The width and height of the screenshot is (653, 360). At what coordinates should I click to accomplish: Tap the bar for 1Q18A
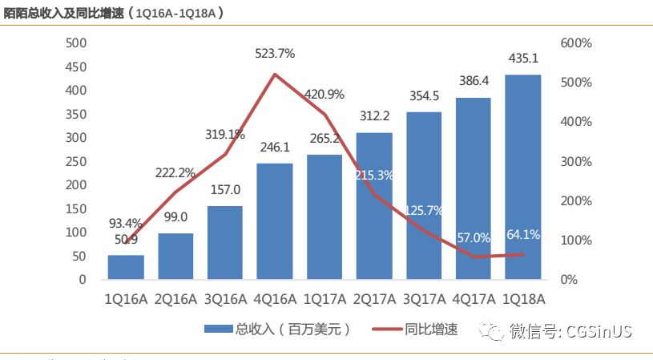point(522,177)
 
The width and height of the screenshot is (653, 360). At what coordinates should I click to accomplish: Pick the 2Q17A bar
point(373,206)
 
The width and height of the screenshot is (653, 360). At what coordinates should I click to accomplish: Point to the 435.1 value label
point(522,58)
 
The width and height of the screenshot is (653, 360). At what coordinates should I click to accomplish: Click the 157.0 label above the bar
point(224,193)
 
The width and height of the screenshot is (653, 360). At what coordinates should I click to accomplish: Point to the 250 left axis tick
point(75,161)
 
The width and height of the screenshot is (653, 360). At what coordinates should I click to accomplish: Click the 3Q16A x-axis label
point(224,299)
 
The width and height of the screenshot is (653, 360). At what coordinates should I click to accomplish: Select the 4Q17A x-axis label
point(473,299)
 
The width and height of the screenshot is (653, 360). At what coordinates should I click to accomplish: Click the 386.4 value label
point(473,82)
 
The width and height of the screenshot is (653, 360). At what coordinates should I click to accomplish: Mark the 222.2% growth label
point(175,173)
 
